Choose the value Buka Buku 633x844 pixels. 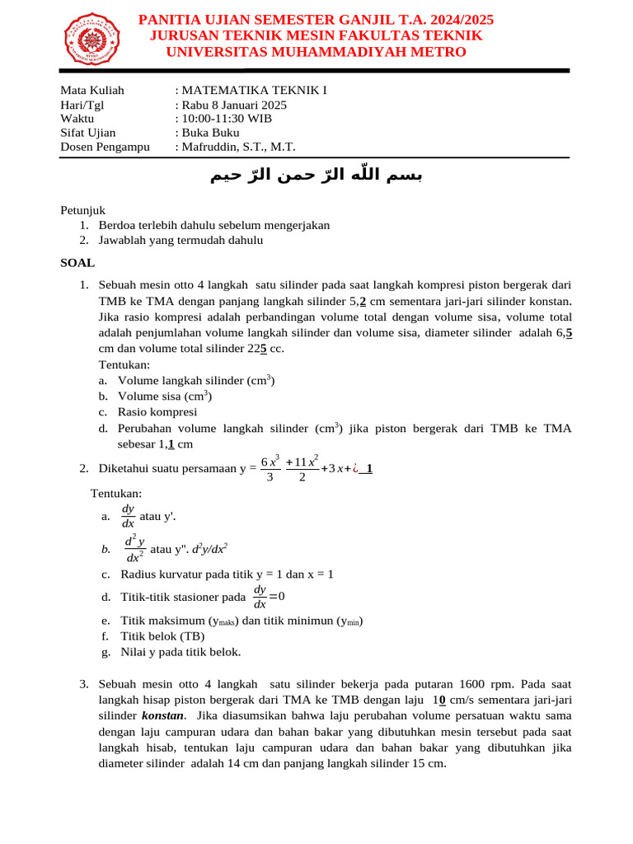point(210,132)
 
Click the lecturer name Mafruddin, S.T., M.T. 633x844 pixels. point(238,147)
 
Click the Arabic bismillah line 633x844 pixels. point(316,175)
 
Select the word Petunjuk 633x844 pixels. point(82,210)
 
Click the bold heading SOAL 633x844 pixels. point(77,263)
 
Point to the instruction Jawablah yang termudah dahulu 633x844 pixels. point(181,240)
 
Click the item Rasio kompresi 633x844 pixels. point(157,412)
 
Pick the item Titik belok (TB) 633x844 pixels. point(162,635)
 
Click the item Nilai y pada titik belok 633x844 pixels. point(181,651)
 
